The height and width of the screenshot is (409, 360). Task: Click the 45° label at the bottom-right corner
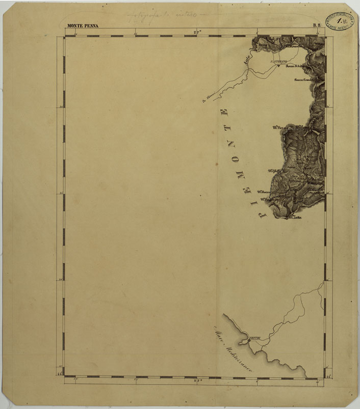(329, 377)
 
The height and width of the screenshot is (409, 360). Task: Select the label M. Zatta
(295, 218)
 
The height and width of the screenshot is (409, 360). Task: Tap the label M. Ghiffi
(274, 171)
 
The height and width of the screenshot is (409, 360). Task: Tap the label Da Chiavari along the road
(210, 96)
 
